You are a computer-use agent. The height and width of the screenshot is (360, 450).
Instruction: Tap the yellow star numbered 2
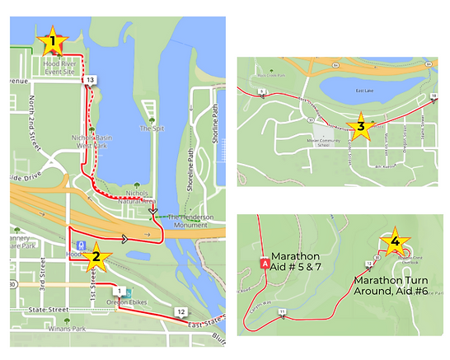(x=96, y=255)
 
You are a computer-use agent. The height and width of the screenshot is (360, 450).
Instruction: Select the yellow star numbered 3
(x=359, y=127)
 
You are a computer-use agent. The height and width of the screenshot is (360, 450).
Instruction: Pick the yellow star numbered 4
(x=396, y=241)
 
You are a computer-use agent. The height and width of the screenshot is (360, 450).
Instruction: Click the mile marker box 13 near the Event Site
(x=90, y=78)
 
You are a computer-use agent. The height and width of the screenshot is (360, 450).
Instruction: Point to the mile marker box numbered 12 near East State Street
(x=180, y=311)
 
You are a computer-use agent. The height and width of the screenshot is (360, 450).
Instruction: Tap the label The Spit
(x=148, y=129)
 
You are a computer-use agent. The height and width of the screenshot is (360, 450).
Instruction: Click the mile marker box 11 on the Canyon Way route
(x=283, y=311)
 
